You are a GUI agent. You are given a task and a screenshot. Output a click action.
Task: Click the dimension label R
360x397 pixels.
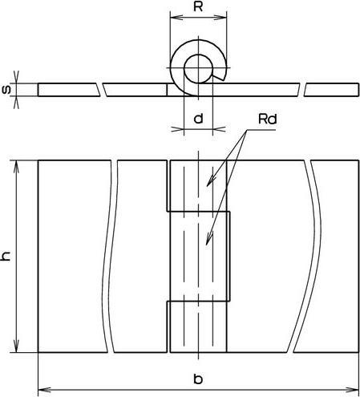(198, 7)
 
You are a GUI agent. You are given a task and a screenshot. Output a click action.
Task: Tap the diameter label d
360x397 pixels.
(198, 119)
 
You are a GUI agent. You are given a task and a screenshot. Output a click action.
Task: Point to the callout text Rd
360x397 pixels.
(268, 120)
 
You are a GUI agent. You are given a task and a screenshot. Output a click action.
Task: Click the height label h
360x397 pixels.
(7, 256)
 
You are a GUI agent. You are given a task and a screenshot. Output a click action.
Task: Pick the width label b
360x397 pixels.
(198, 378)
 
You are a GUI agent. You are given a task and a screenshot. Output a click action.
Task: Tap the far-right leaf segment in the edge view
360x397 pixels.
(332, 89)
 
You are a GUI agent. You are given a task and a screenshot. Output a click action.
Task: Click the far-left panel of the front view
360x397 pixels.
(71, 256)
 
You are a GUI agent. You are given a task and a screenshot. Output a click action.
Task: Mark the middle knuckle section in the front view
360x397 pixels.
(198, 256)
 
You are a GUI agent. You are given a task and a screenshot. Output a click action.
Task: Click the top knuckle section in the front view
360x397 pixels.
(198, 185)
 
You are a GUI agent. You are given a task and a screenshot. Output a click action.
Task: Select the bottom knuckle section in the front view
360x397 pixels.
(198, 326)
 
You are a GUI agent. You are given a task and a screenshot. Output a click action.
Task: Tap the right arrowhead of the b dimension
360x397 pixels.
(354, 387)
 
